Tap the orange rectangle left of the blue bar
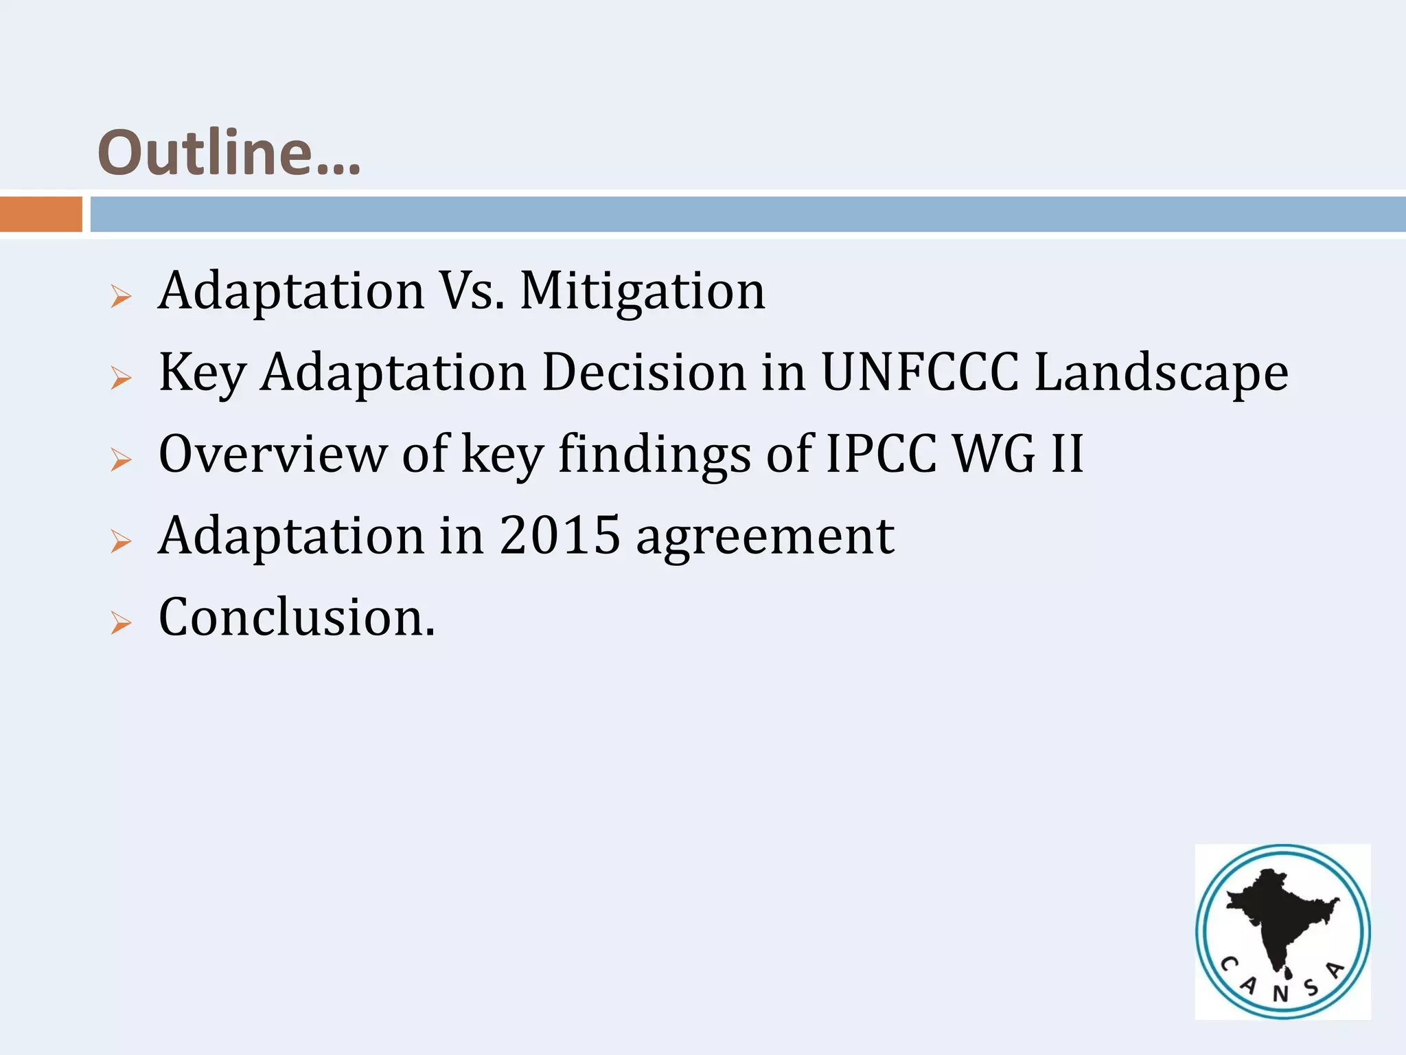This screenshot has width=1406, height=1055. [41, 214]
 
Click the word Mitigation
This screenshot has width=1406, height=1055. [643, 291]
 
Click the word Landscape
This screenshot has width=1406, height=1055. [1162, 374]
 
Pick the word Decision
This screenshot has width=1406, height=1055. [644, 372]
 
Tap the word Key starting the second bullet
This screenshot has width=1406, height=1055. [203, 374]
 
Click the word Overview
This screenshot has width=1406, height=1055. [273, 454]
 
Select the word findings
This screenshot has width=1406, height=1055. [654, 455]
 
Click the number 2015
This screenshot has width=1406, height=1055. [560, 535]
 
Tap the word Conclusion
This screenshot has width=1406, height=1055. [297, 617]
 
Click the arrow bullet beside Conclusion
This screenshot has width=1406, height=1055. [121, 623]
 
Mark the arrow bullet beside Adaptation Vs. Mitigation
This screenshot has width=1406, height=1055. [121, 297]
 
